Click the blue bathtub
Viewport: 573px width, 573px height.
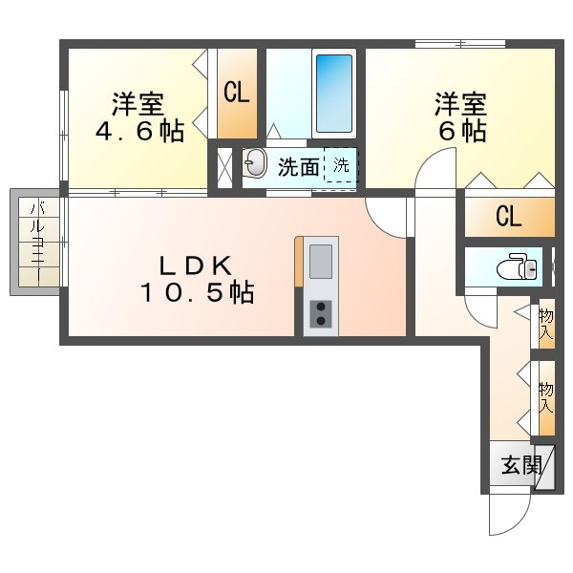pos(334,94)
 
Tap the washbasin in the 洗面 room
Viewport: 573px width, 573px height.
pos(254,162)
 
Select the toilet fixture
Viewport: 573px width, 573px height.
pos(517,266)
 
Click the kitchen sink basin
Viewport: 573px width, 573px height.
pos(321,262)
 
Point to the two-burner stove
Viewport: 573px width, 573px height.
pos(321,314)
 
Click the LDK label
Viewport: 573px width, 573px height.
pos(196,265)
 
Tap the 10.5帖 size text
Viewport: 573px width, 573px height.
pos(198,292)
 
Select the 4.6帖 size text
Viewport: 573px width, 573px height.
pos(139,131)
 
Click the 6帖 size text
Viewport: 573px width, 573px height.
pos(462,131)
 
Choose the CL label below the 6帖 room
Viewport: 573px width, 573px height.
pos(508,217)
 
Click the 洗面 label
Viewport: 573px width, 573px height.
pos(299,167)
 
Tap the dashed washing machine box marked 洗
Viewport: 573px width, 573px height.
pos(341,165)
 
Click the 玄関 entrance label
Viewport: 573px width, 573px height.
pos(521,466)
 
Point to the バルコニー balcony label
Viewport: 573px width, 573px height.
pos(37,243)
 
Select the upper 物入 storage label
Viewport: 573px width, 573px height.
pos(546,324)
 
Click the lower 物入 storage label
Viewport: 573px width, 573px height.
pos(546,398)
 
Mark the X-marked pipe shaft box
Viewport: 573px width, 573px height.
pos(224,167)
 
